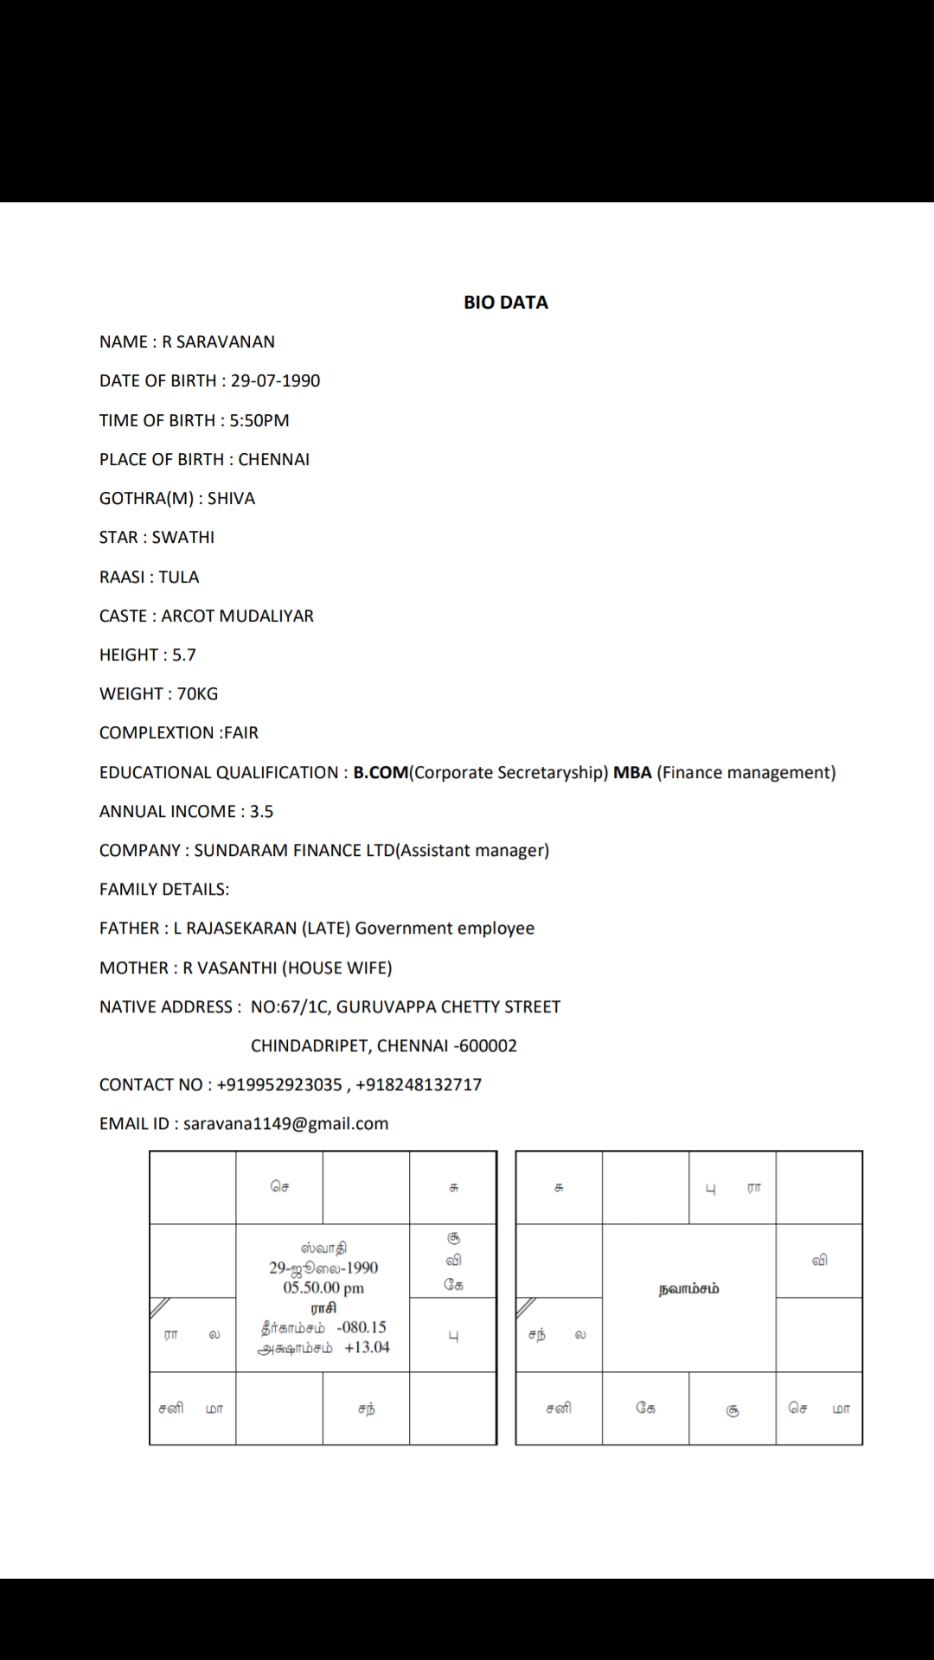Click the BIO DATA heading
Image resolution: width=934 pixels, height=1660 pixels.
click(x=506, y=303)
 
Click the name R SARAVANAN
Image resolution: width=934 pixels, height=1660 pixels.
click(x=219, y=342)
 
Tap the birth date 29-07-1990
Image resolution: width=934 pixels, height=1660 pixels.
click(x=275, y=380)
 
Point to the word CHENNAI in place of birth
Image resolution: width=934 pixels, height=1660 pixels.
click(x=273, y=459)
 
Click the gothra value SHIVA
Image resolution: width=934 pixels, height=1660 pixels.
click(x=231, y=498)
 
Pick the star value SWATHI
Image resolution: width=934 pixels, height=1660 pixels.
click(x=183, y=537)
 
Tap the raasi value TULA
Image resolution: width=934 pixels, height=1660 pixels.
click(x=178, y=577)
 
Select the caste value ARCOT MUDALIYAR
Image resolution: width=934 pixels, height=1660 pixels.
click(x=237, y=616)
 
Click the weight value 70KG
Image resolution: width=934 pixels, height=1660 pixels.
click(x=197, y=693)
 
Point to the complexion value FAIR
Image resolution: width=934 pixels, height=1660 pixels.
click(x=241, y=732)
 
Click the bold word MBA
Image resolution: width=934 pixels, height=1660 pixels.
click(x=632, y=772)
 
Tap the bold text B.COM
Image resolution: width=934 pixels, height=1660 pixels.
click(x=381, y=772)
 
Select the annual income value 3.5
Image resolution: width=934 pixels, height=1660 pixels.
click(x=261, y=811)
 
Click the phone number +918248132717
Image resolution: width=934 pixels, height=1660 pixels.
click(x=419, y=1084)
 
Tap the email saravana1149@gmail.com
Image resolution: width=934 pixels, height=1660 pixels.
click(x=285, y=1123)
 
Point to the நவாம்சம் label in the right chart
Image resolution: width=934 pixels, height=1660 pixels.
click(x=688, y=1289)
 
